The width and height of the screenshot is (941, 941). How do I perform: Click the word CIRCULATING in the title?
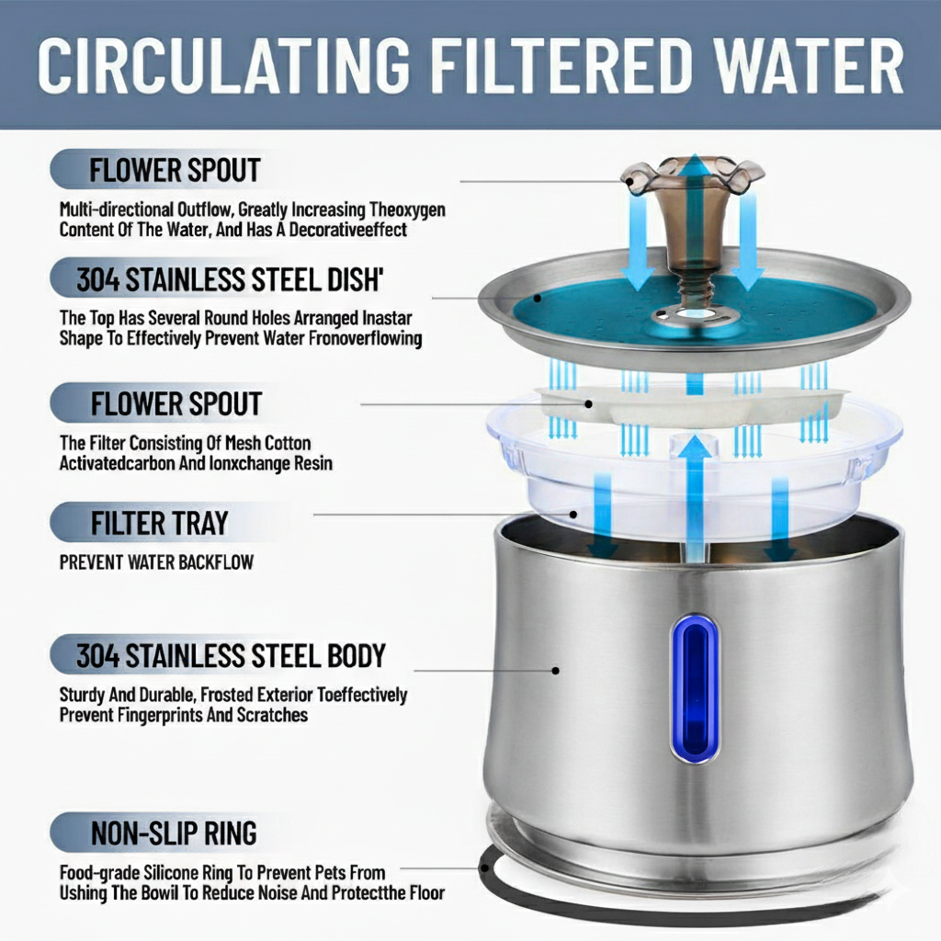point(223,65)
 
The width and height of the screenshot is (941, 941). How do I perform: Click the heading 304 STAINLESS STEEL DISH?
point(230,279)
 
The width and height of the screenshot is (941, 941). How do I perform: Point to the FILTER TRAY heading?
point(160,523)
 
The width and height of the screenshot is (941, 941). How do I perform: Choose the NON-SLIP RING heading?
point(174,833)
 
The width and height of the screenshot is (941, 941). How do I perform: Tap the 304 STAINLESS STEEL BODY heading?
point(231,655)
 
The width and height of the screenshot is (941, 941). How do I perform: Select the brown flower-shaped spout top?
point(694,176)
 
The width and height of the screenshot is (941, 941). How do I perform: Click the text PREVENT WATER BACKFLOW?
point(156,562)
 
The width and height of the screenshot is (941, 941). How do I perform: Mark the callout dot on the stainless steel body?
point(556,670)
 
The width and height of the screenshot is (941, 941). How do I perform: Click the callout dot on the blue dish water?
point(538,298)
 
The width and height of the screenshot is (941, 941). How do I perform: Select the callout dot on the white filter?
point(589,404)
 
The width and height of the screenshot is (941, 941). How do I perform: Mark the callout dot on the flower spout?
point(629,181)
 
